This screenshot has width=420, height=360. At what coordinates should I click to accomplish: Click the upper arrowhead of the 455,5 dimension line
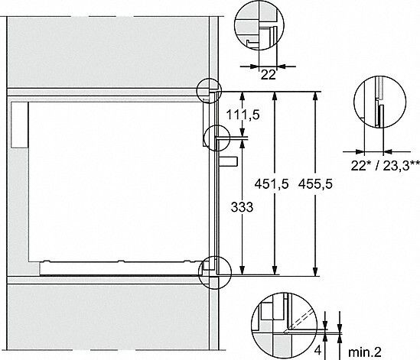tap(316, 94)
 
